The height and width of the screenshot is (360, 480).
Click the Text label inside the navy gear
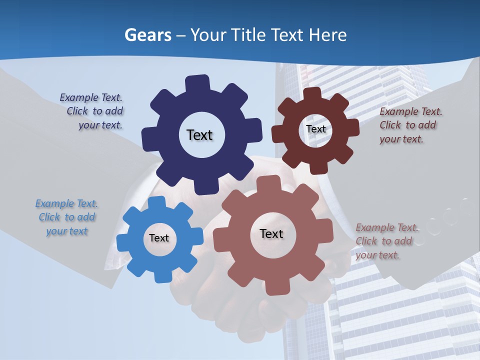point(199,135)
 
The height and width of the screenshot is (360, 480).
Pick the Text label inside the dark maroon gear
point(315,129)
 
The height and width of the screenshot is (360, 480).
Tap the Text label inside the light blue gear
point(159,238)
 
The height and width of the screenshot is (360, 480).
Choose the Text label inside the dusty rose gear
point(271,233)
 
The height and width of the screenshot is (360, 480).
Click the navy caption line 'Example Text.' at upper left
point(91,97)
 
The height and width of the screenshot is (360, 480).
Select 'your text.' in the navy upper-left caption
point(100,125)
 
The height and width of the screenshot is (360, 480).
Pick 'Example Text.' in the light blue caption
point(66,203)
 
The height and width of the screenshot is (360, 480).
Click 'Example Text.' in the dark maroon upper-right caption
point(411,111)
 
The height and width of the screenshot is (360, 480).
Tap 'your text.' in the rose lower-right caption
point(377,255)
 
